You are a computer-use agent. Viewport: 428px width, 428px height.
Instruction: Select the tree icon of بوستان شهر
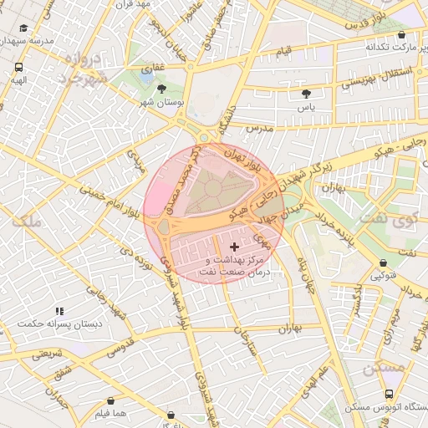click(161, 88)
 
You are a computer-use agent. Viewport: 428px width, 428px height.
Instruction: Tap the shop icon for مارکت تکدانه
click(403, 36)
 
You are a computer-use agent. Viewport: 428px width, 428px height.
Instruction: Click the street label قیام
click(284, 52)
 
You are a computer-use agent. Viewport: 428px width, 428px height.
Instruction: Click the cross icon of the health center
click(233, 247)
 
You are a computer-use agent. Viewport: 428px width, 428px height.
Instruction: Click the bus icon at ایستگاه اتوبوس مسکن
click(389, 393)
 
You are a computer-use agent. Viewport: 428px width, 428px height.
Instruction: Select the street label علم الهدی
click(332, 372)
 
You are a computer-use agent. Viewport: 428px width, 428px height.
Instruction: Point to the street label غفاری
click(155, 64)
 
